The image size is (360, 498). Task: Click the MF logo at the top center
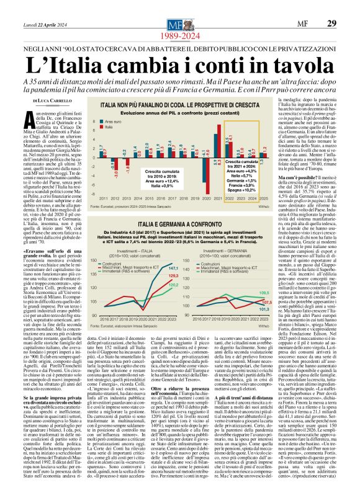point(179,8)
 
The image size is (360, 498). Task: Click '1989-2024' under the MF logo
point(179,20)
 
